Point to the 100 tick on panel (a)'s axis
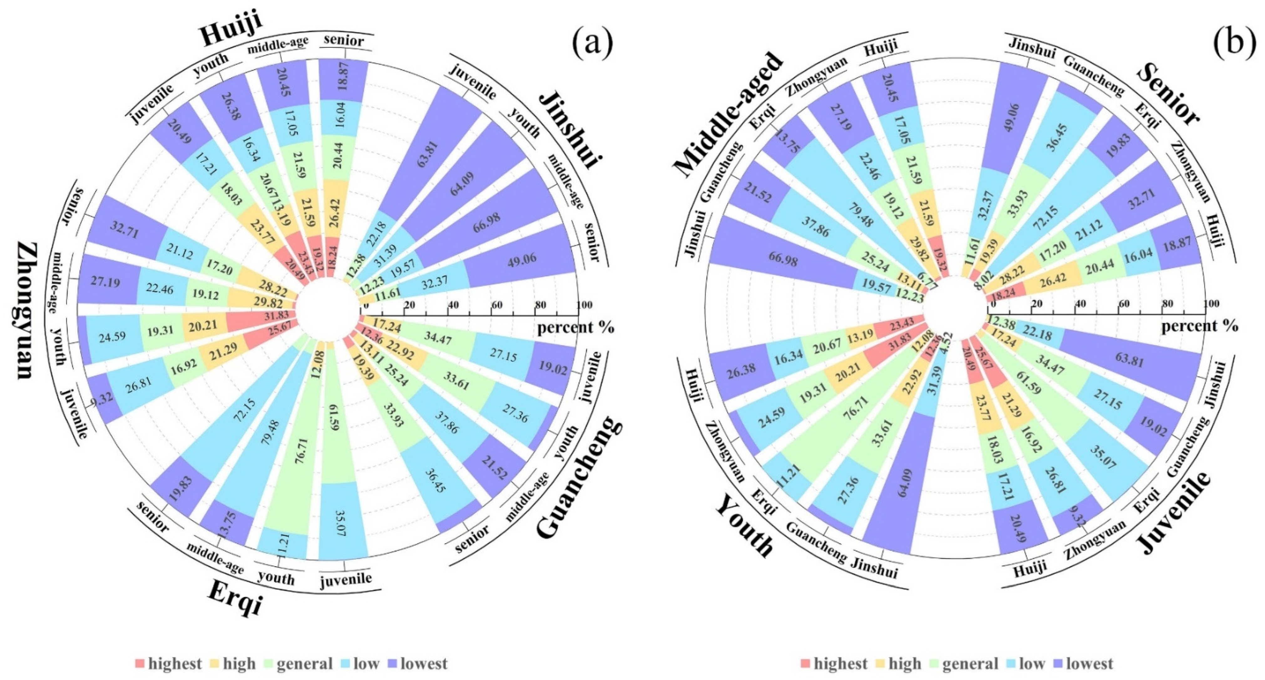[584, 305]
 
